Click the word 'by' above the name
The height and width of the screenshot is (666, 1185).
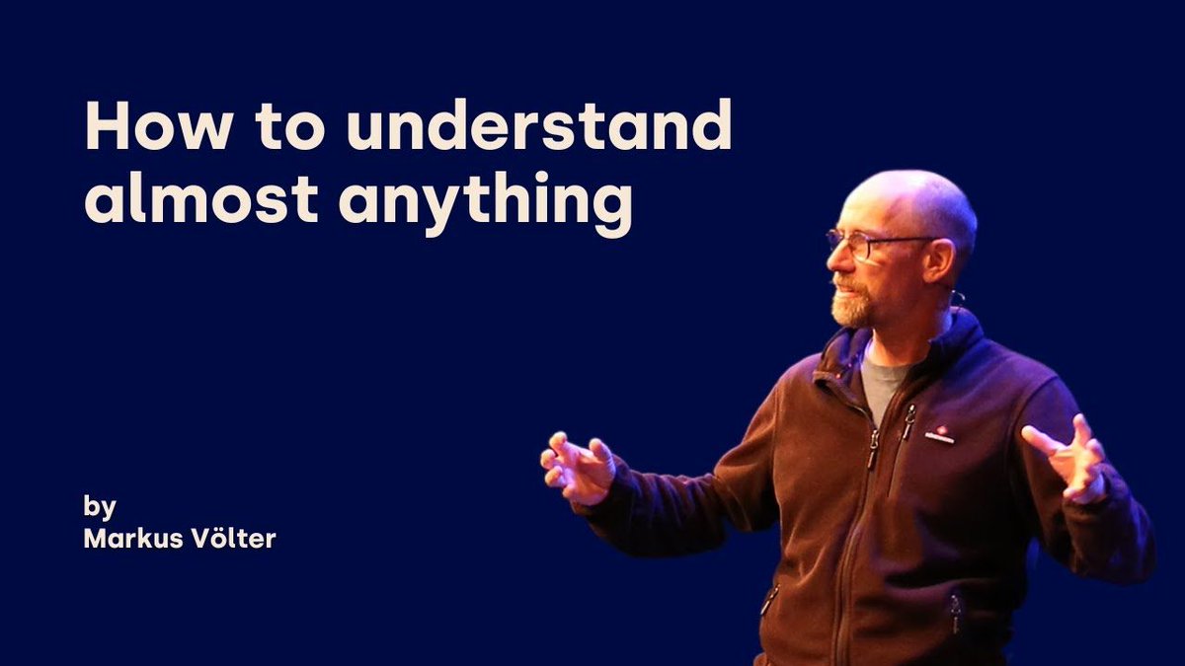coord(100,507)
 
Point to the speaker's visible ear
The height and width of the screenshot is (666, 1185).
coord(939,259)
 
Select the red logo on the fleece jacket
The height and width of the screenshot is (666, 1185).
coord(939,434)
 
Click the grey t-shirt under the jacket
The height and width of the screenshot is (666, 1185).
coord(881,380)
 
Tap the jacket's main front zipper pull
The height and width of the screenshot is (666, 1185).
coord(873,449)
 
